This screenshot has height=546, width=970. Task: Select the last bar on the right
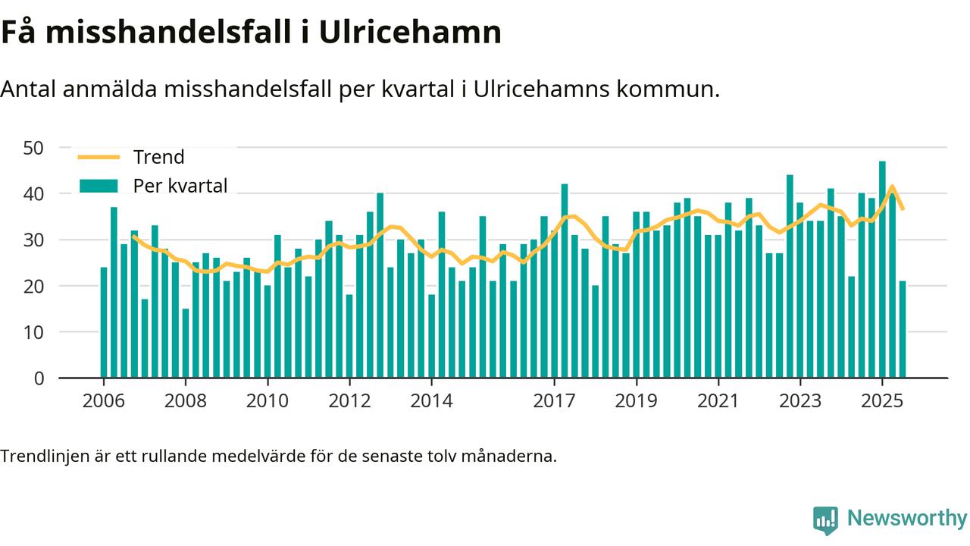pos(903,329)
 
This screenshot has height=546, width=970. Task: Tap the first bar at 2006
pos(104,322)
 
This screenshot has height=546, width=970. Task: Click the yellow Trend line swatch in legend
pos(99,157)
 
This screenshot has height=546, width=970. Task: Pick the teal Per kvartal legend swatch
pos(99,186)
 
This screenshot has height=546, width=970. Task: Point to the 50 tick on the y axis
pos(34,147)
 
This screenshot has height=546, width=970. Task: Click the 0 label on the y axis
pos(39,378)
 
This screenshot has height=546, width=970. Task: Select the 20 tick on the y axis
pos(34,286)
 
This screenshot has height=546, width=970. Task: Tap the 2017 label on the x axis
pos(555,400)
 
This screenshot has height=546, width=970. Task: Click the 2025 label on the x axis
pos(882,400)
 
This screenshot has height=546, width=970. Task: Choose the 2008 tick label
pos(186,400)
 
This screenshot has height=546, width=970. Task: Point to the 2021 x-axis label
pos(718,400)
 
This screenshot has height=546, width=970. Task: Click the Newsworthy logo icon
pos(825,520)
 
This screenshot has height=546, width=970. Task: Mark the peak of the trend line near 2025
pos(892,187)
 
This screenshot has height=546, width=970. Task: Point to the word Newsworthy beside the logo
pos(907,519)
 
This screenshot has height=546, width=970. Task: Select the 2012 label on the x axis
pos(349,400)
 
